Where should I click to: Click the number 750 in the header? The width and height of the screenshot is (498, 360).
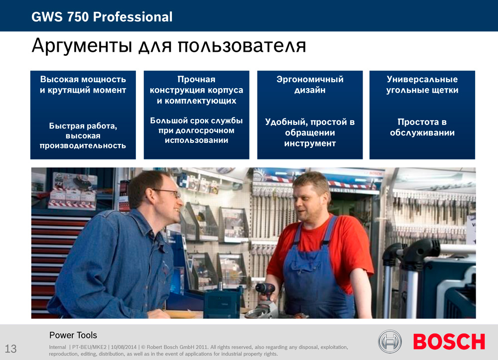[x=78, y=17]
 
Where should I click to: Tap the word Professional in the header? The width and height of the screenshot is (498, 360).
[x=132, y=17]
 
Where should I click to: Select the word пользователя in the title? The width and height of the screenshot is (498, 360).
[x=242, y=45]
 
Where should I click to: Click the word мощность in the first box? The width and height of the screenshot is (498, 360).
[x=104, y=79]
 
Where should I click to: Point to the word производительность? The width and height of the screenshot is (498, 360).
[x=83, y=146]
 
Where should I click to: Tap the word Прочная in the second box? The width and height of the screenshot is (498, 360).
[x=196, y=79]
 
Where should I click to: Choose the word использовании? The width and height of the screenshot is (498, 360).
[x=196, y=140]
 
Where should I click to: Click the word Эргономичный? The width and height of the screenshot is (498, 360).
[x=310, y=79]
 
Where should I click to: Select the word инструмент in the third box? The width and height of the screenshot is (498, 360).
[x=310, y=143]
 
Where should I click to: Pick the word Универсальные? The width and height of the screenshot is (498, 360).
[x=422, y=79]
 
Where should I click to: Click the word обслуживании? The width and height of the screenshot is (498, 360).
[x=422, y=133]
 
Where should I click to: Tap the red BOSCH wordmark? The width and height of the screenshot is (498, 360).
[x=449, y=342]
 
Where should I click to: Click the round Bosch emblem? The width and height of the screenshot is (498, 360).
[x=390, y=342]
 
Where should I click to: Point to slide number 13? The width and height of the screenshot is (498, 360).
[x=10, y=349]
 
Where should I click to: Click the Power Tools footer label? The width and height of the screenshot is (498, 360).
[x=73, y=335]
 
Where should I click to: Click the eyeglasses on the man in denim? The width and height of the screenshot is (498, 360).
[x=167, y=192]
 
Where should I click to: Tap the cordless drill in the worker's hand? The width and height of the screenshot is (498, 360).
[x=266, y=292]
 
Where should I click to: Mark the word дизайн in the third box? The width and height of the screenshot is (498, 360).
[x=310, y=91]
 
